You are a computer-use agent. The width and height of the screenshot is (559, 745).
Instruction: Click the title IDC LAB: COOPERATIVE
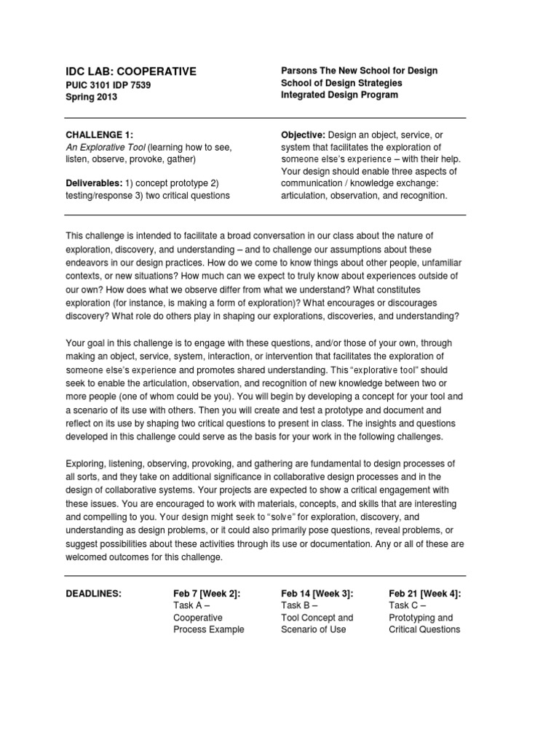tap(131, 71)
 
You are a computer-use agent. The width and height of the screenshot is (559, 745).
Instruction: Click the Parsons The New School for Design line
tap(360, 71)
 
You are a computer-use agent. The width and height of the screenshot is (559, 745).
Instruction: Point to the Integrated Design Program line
tap(339, 95)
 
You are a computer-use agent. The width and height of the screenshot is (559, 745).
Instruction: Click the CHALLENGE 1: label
tap(100, 135)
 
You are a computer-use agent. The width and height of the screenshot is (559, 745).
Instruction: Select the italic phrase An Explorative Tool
tap(105, 147)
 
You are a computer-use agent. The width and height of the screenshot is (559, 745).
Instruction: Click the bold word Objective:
tap(303, 135)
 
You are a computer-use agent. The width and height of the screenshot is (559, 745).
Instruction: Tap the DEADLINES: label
tap(94, 594)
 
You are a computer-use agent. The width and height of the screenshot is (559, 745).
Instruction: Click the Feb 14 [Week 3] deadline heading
tap(317, 594)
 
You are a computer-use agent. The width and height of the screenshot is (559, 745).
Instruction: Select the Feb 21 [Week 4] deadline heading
tap(425, 594)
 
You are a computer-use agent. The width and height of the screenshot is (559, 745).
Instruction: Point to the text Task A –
tap(192, 605)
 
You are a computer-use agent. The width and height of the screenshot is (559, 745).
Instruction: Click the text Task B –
tap(300, 605)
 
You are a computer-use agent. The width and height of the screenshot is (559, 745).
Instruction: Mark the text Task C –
tap(408, 605)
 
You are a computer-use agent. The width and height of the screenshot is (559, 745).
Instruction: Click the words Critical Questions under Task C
tap(424, 629)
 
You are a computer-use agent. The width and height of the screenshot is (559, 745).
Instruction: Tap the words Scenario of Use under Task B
tap(313, 629)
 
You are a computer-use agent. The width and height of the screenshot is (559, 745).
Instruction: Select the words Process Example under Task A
tap(209, 629)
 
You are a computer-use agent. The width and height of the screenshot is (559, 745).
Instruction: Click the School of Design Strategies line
tap(341, 83)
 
